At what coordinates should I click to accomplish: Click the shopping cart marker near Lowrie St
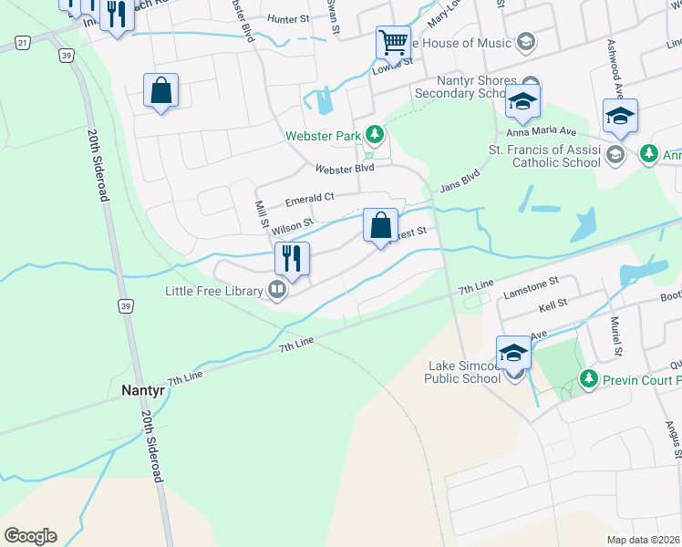393,42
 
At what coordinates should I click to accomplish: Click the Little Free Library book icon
277,291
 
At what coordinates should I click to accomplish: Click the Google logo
29,536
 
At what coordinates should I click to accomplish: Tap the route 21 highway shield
22,42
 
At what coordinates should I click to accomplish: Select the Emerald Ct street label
310,198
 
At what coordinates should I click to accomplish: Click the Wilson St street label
292,224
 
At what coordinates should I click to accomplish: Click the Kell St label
553,302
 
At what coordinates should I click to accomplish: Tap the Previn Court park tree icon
589,377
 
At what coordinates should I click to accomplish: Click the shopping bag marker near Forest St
380,225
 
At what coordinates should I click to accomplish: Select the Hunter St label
290,17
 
